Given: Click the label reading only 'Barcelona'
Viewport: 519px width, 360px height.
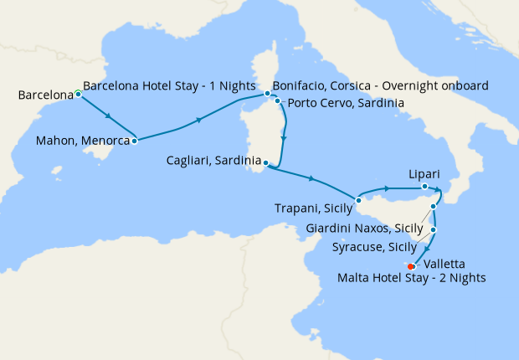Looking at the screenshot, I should click(44, 96).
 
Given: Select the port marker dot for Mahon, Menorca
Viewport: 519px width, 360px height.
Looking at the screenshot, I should click(134, 141).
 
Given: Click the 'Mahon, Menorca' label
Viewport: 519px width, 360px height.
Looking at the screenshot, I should click(83, 141).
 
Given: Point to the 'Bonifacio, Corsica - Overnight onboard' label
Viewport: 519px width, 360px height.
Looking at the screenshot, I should click(381, 85).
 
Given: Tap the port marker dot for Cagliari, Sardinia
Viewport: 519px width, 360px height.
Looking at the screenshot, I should click(265, 162).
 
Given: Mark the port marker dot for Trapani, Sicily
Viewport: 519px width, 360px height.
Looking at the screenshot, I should click(357, 199).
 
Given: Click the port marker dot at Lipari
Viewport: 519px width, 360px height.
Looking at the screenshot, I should click(424, 187).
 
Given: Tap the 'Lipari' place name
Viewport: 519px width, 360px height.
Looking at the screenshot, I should click(424, 174).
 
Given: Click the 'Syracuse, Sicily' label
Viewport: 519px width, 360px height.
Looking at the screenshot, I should click(373, 247).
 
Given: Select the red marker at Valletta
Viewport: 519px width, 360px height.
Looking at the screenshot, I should click(410, 266).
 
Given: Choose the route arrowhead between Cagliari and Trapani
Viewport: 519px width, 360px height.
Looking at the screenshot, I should click(311, 178).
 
